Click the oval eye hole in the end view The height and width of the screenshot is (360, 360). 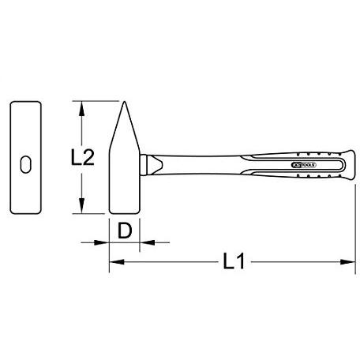point(25,164)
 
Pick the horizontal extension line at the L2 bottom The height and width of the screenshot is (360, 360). point(91,214)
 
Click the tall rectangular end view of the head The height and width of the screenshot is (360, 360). point(25,158)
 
